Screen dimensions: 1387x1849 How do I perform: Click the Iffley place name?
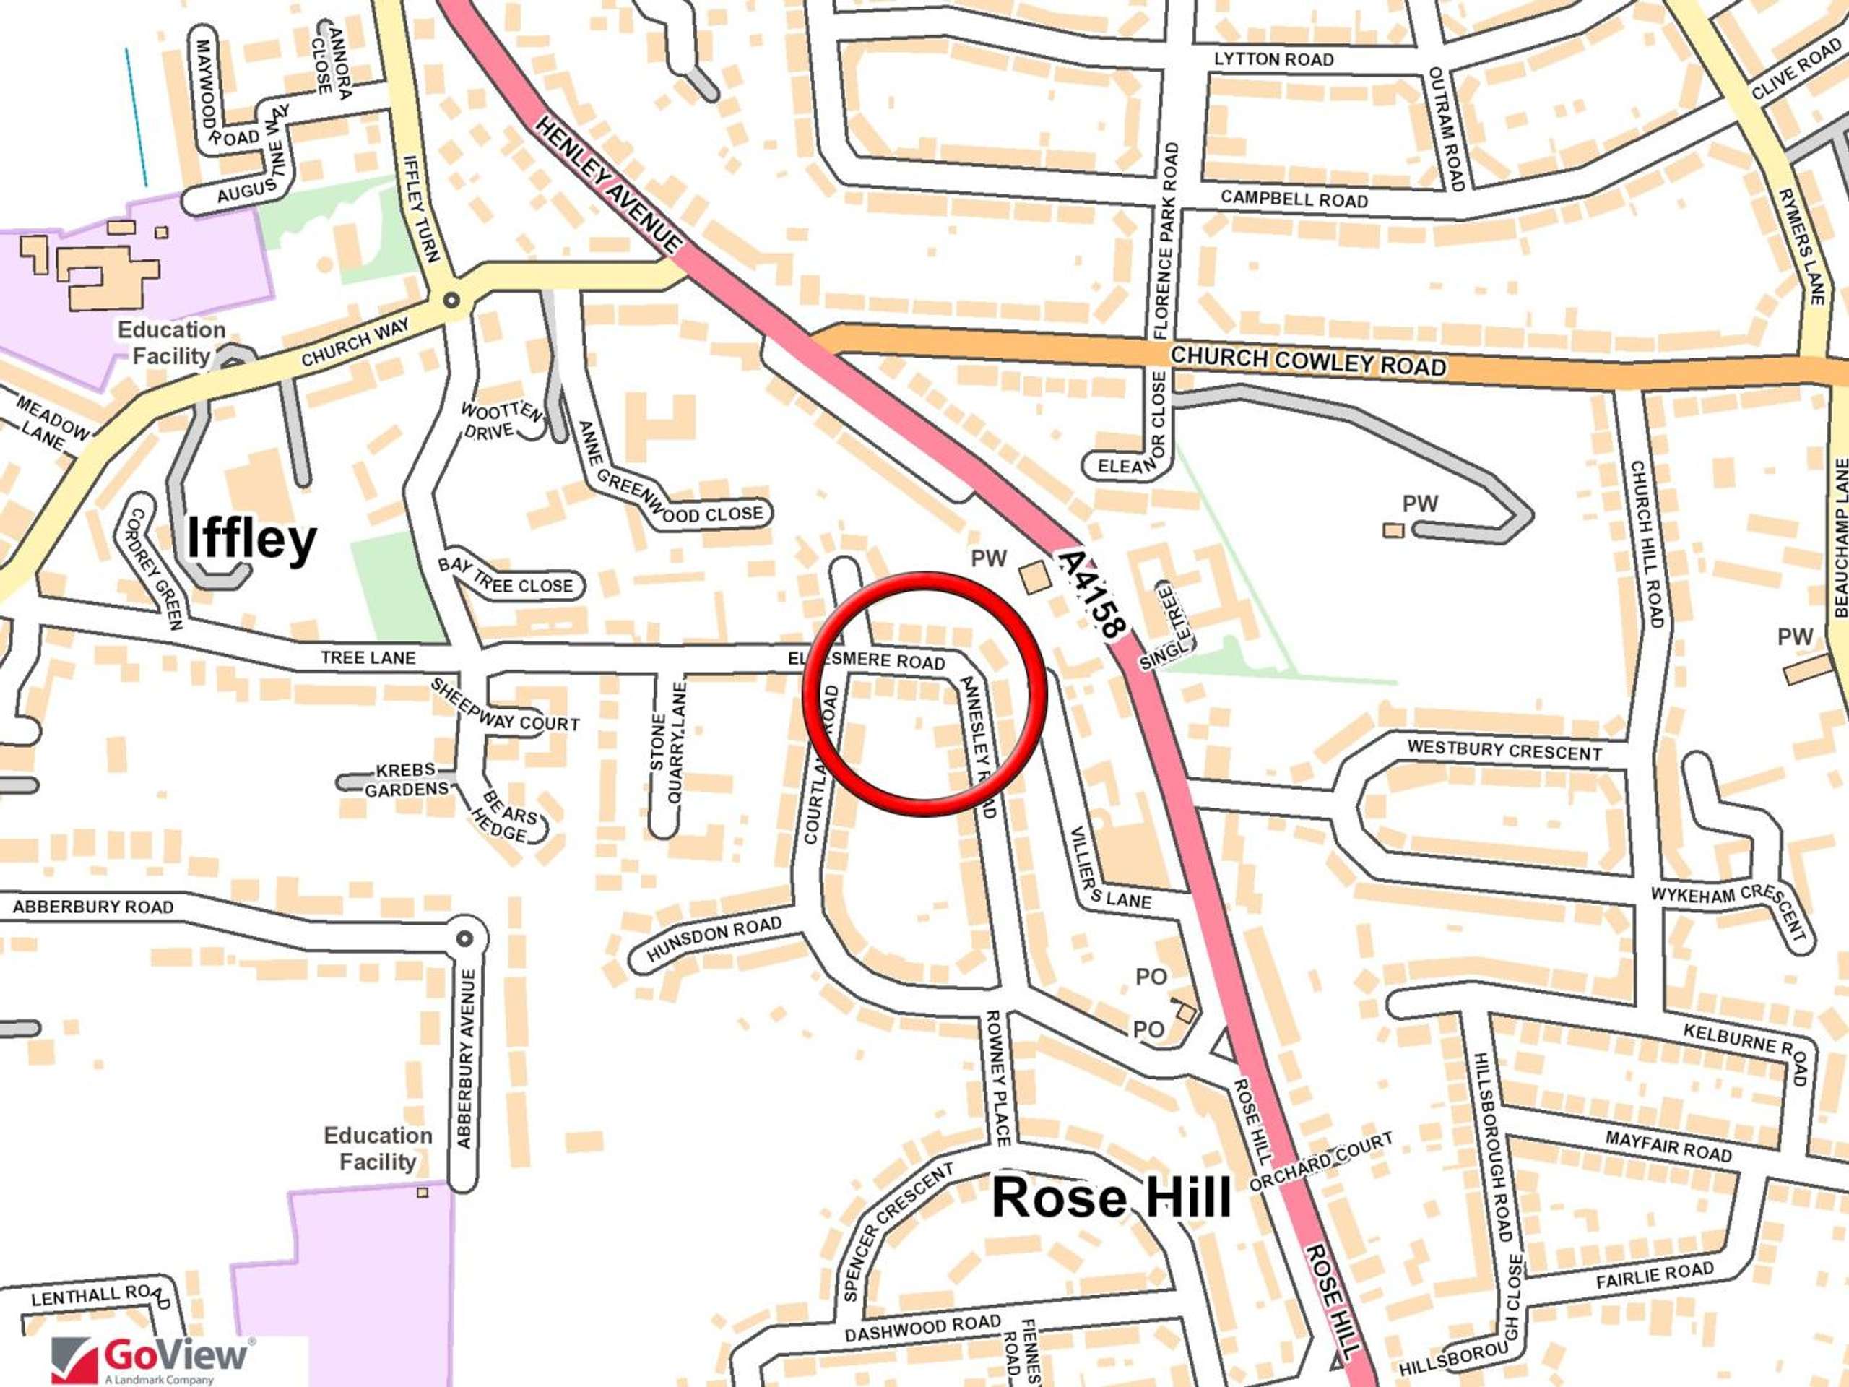pos(251,537)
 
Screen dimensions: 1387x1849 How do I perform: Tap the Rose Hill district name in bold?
pos(1111,1196)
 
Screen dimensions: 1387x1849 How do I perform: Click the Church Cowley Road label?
pos(1307,360)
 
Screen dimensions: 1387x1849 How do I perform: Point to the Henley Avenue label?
pos(609,185)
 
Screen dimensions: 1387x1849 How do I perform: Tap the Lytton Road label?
pos(1273,59)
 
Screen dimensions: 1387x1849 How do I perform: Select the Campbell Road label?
pos(1294,199)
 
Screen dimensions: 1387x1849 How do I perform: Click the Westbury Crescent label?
pos(1504,750)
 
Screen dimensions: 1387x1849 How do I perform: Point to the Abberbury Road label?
pos(92,907)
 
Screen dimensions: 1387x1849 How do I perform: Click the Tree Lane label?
pos(368,658)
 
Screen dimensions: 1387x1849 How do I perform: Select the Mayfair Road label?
pos(1668,1146)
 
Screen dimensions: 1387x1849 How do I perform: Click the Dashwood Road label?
pos(922,1328)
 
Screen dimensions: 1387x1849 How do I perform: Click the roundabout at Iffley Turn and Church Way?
pos(451,300)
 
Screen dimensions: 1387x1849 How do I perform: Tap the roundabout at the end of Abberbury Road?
pos(464,938)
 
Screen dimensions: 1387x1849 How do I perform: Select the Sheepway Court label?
pos(504,707)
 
